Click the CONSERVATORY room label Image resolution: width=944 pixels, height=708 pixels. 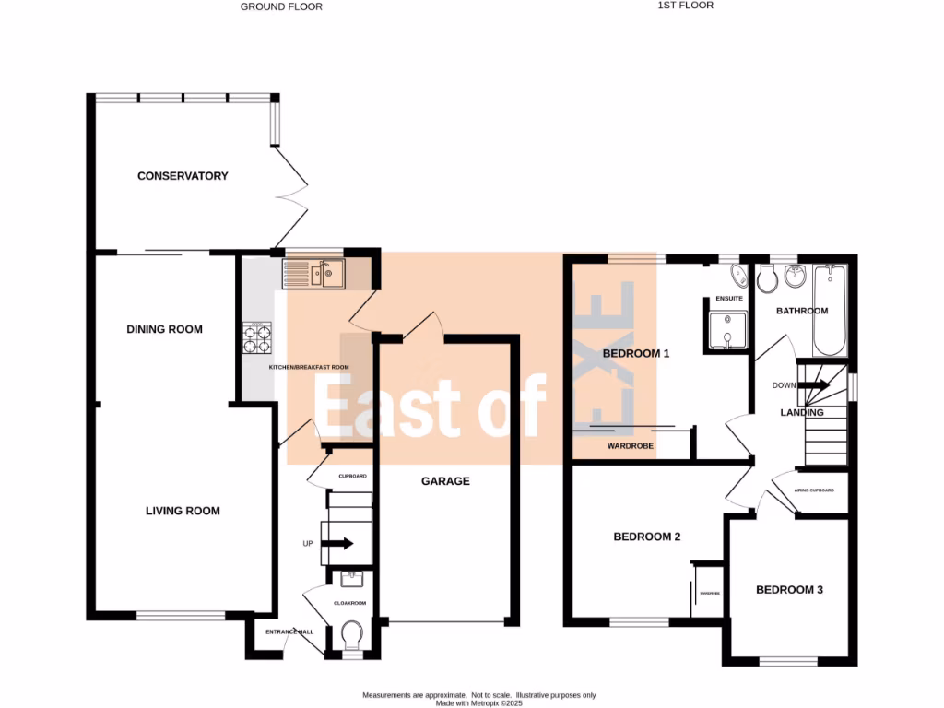(x=183, y=176)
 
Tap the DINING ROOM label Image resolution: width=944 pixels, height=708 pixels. (x=164, y=329)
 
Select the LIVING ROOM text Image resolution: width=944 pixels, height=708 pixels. (x=183, y=511)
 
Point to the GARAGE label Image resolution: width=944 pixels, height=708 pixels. (x=445, y=481)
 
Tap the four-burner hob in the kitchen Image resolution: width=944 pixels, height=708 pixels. (x=256, y=338)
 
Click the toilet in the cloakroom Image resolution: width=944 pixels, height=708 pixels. (x=351, y=635)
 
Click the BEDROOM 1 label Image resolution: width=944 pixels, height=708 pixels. (x=635, y=354)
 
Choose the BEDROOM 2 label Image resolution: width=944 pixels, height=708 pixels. (x=647, y=537)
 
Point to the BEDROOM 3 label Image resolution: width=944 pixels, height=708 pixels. (x=789, y=590)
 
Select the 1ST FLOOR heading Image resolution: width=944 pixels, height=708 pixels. (x=685, y=6)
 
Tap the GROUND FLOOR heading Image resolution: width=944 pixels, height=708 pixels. (x=281, y=6)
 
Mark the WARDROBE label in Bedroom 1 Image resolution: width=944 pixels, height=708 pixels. (x=631, y=446)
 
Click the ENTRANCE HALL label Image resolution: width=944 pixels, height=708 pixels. (x=289, y=631)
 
